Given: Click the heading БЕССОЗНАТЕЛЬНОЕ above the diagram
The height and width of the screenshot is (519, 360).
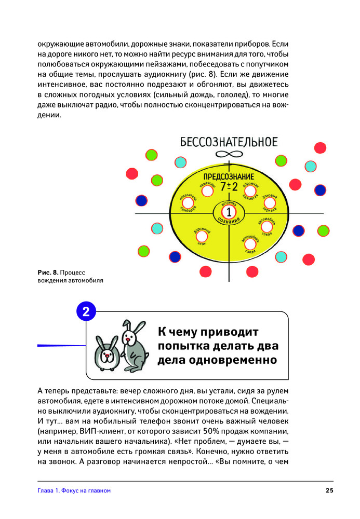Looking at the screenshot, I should [x=229, y=141].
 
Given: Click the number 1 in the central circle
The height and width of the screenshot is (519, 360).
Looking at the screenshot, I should [x=229, y=212].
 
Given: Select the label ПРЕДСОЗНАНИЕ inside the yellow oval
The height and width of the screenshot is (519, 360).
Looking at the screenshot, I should [x=228, y=176].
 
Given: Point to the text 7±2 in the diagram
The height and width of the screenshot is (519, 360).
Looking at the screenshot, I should [x=229, y=187].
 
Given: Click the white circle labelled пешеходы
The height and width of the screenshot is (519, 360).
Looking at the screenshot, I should [x=207, y=192].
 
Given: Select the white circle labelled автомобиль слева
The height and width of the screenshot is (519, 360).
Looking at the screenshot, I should [x=266, y=226].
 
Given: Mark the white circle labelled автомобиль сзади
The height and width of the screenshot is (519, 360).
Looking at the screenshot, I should [x=250, y=244].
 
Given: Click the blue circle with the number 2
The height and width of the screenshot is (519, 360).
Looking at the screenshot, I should [x=86, y=312].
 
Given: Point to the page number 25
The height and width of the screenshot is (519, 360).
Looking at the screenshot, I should [x=329, y=490].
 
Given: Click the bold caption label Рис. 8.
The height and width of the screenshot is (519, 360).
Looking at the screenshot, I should [x=48, y=272].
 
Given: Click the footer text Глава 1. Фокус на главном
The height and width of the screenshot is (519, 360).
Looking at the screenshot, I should [x=74, y=490].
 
